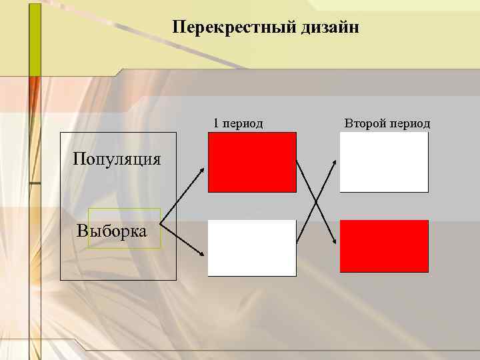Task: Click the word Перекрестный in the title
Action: point(217,27)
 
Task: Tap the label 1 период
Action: point(238,123)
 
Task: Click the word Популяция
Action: point(117,159)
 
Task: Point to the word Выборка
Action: point(112,231)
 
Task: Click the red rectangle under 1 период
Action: point(252,162)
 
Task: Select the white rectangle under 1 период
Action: point(252,247)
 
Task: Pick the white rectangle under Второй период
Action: point(384,162)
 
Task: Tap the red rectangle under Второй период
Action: point(384,246)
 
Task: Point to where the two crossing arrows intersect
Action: point(315,202)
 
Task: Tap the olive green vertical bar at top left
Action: point(35,37)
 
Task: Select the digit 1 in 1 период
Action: point(216,123)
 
